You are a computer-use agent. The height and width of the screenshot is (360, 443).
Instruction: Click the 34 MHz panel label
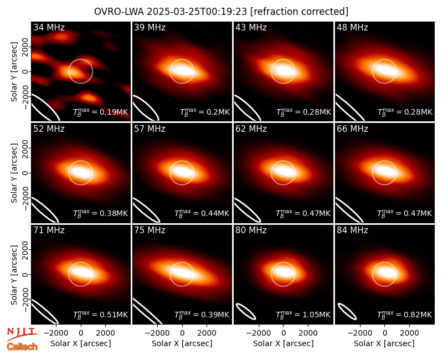pos(49,27)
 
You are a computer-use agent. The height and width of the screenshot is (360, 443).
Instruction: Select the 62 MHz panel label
pos(251,129)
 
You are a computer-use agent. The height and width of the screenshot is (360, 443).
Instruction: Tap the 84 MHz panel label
pos(352,230)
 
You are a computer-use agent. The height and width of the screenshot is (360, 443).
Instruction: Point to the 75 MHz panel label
pos(150,230)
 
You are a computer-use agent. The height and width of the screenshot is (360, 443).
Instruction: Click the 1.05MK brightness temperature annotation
pos(303,314)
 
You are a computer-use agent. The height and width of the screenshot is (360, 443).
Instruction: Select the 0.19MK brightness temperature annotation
pos(101,112)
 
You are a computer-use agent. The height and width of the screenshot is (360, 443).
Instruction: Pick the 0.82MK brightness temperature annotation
pos(405,314)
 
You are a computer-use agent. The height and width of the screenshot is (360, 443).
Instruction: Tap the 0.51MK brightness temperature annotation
pos(101,314)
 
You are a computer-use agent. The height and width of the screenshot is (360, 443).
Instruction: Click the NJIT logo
pos(22,333)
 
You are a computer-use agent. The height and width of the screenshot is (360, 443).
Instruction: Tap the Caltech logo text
pos(22,347)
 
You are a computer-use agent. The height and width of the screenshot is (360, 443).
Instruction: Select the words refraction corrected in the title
pos(300,12)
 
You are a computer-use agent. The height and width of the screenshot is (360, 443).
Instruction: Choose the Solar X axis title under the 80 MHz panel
pos(284,343)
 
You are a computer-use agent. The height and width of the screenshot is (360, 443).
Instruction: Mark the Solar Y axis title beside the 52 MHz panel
pos(14,173)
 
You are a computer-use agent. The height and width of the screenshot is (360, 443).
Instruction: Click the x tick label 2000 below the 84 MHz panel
pos(409,333)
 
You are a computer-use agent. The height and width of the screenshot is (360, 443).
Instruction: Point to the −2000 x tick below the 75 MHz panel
pos(157,333)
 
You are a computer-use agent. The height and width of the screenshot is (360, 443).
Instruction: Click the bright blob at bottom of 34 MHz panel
pos(89,97)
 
